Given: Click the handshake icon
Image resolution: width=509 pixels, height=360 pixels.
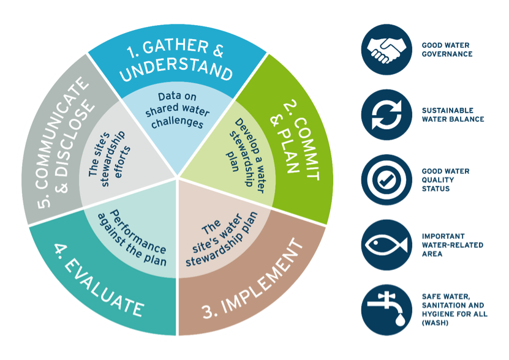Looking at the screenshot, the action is tap(386, 50).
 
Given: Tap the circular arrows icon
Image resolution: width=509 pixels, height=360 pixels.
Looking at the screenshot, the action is tap(386, 114).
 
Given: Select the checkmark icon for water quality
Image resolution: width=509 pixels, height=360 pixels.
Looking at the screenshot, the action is tap(386, 180).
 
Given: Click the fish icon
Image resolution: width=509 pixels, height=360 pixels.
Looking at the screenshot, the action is tap(386, 245).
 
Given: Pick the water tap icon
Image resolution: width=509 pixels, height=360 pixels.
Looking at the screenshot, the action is tap(386, 310).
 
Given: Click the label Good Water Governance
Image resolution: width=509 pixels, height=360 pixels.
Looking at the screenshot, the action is tap(447, 50).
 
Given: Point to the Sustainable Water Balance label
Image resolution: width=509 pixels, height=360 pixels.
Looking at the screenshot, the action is tap(453, 115).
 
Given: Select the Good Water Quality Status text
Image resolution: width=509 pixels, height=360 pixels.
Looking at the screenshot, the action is tap(445, 180).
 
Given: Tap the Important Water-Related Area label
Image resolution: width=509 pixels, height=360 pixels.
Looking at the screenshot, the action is tap(453, 245).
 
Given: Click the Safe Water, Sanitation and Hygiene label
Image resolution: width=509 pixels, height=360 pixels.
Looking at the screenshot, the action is tap(454, 310).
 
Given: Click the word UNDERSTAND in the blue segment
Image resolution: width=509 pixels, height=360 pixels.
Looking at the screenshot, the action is tap(176, 69).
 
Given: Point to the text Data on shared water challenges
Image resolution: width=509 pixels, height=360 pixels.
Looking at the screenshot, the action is tap(177, 110).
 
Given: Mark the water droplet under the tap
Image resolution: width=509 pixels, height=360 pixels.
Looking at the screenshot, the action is tap(399, 320).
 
